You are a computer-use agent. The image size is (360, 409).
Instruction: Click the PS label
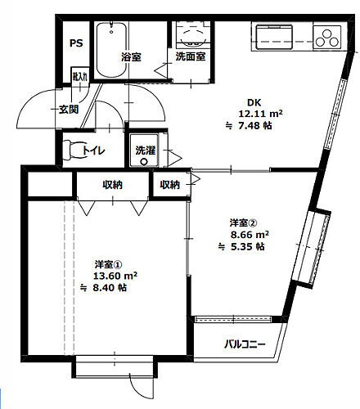(x=75, y=43)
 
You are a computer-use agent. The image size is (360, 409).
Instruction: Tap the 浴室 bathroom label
(x=132, y=58)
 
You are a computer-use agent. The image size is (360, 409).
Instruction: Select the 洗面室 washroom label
(x=190, y=58)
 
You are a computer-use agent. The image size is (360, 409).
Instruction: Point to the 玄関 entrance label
(x=68, y=109)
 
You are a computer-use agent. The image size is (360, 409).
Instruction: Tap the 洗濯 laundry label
(x=145, y=151)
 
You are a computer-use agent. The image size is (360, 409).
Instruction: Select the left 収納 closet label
(x=112, y=185)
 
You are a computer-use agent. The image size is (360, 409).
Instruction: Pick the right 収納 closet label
(x=170, y=185)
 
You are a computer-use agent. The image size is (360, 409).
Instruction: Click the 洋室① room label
(x=108, y=263)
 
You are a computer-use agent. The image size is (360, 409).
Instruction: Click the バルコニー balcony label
(x=245, y=344)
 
